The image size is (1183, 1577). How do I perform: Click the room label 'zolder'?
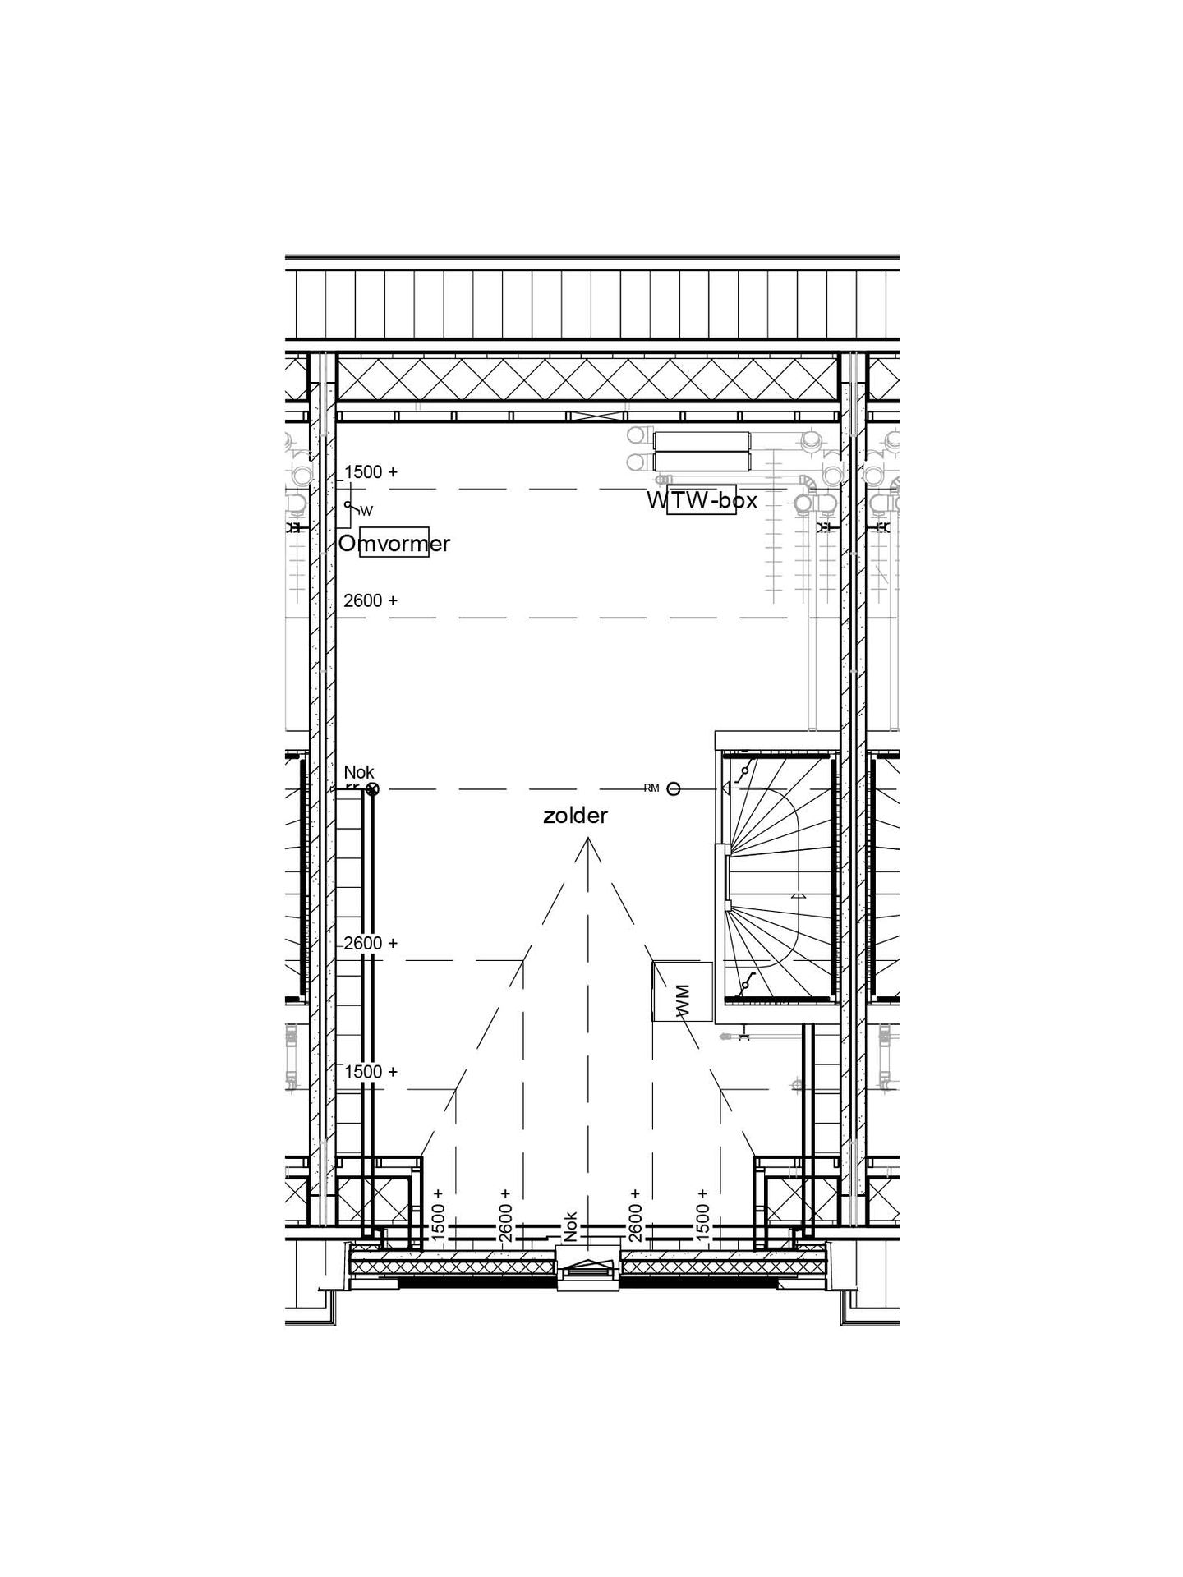(575, 816)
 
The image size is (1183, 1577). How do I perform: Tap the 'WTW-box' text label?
(702, 500)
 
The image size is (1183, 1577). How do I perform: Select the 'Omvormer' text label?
(394, 543)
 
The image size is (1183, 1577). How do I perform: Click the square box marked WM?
(682, 991)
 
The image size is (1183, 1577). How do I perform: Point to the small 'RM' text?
(651, 788)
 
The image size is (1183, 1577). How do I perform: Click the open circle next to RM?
(674, 789)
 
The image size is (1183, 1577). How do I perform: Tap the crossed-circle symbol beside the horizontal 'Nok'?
(372, 789)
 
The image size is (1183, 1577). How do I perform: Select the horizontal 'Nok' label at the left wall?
(359, 772)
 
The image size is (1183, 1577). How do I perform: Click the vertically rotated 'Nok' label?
(571, 1226)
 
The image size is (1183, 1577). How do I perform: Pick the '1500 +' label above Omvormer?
(371, 472)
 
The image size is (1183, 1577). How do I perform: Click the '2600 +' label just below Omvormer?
(371, 600)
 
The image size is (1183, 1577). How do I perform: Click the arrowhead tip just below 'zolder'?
(587, 840)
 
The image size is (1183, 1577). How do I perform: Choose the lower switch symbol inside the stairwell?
(745, 984)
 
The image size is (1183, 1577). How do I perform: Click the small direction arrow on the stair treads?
(796, 897)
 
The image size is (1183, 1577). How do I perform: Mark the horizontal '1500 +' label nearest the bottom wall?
(371, 1072)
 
